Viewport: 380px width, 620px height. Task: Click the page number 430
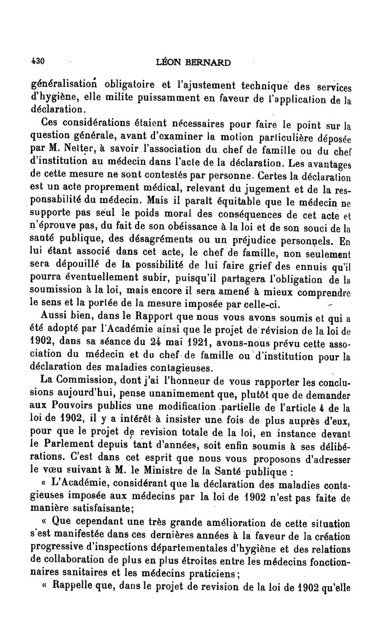[37, 61]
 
